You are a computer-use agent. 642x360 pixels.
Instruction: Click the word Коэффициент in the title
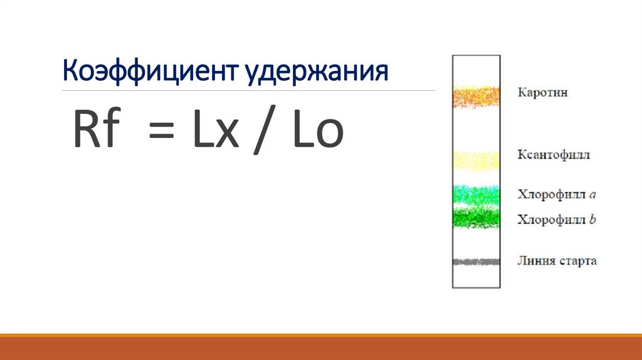pyautogui.click(x=150, y=71)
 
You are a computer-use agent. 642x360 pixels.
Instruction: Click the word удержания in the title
pyautogui.click(x=317, y=72)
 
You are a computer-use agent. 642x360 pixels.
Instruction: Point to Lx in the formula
pyautogui.click(x=216, y=129)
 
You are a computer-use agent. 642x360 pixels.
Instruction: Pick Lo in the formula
pyautogui.click(x=318, y=129)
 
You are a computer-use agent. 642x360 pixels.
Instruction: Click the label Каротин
pyautogui.click(x=542, y=93)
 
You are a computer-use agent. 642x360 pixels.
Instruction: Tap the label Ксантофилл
pyautogui.click(x=554, y=155)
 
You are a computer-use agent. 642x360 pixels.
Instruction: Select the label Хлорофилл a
pyautogui.click(x=557, y=194)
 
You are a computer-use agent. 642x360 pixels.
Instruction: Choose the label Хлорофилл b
pyautogui.click(x=557, y=220)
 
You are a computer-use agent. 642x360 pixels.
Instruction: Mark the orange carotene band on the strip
pyautogui.click(x=476, y=97)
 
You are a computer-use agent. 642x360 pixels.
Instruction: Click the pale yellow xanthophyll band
pyautogui.click(x=476, y=161)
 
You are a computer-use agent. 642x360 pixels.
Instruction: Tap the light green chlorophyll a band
pyautogui.click(x=476, y=195)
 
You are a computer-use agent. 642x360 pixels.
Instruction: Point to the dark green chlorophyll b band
pyautogui.click(x=476, y=217)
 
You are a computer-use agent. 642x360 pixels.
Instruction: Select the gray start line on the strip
pyautogui.click(x=476, y=262)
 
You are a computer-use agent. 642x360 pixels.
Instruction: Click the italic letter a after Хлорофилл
pyautogui.click(x=592, y=195)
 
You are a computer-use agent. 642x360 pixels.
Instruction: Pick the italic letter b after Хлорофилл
pyautogui.click(x=592, y=219)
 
